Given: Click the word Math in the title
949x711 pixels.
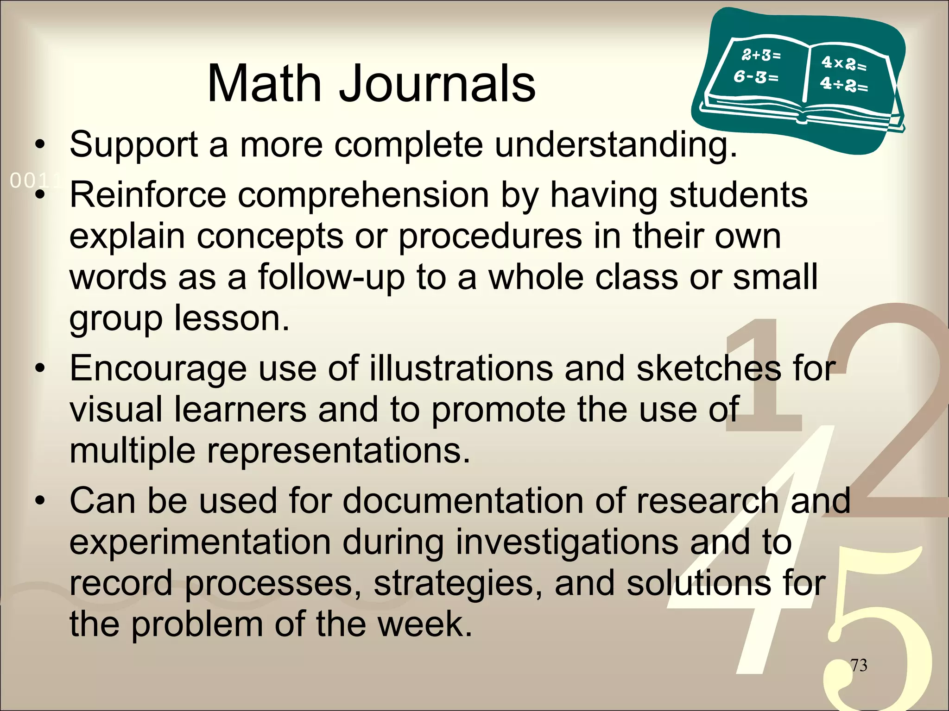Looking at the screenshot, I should pyautogui.click(x=265, y=84).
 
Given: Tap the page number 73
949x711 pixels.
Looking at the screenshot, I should pyautogui.click(x=859, y=665).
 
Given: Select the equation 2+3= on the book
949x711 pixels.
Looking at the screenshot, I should pyautogui.click(x=761, y=56).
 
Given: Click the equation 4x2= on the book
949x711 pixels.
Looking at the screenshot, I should pyautogui.click(x=843, y=63).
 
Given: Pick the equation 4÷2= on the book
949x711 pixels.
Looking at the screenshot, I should pyautogui.click(x=843, y=84).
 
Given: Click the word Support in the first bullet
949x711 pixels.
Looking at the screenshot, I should pyautogui.click(x=134, y=145).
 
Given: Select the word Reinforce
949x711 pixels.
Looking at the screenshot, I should pyautogui.click(x=148, y=195).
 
